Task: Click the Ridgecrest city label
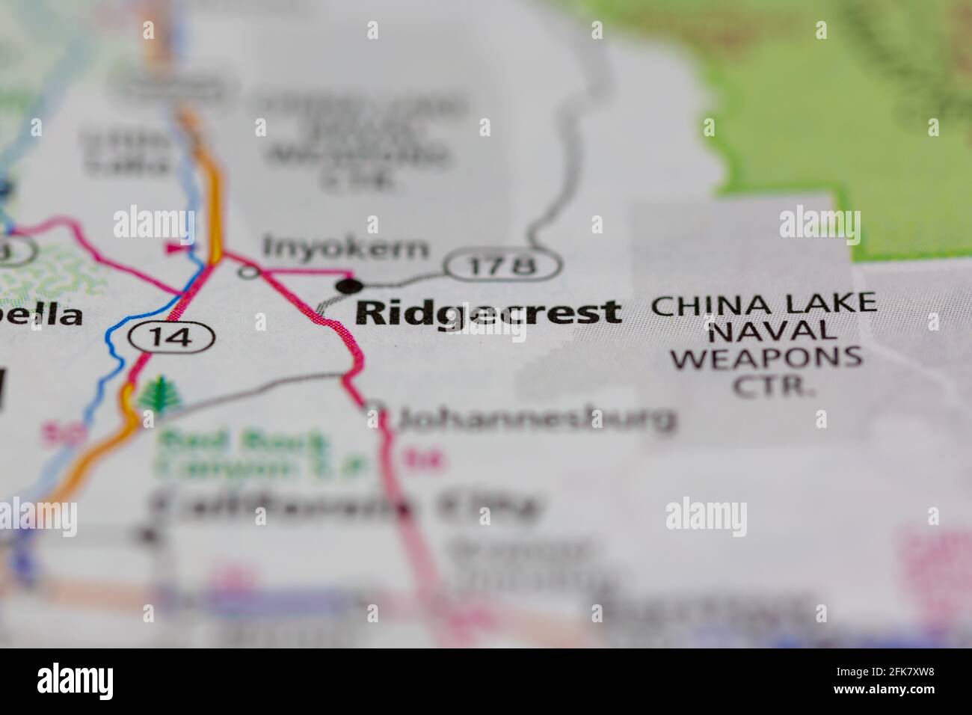(x=488, y=313)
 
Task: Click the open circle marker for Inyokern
(x=249, y=272)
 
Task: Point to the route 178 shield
(x=503, y=264)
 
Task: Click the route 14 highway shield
(x=171, y=337)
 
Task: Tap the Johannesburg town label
(x=537, y=420)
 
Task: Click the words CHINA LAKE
(x=763, y=304)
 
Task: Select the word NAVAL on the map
(x=766, y=331)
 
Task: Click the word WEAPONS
(x=766, y=357)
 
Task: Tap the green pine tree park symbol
(x=157, y=394)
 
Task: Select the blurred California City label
(x=344, y=508)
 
